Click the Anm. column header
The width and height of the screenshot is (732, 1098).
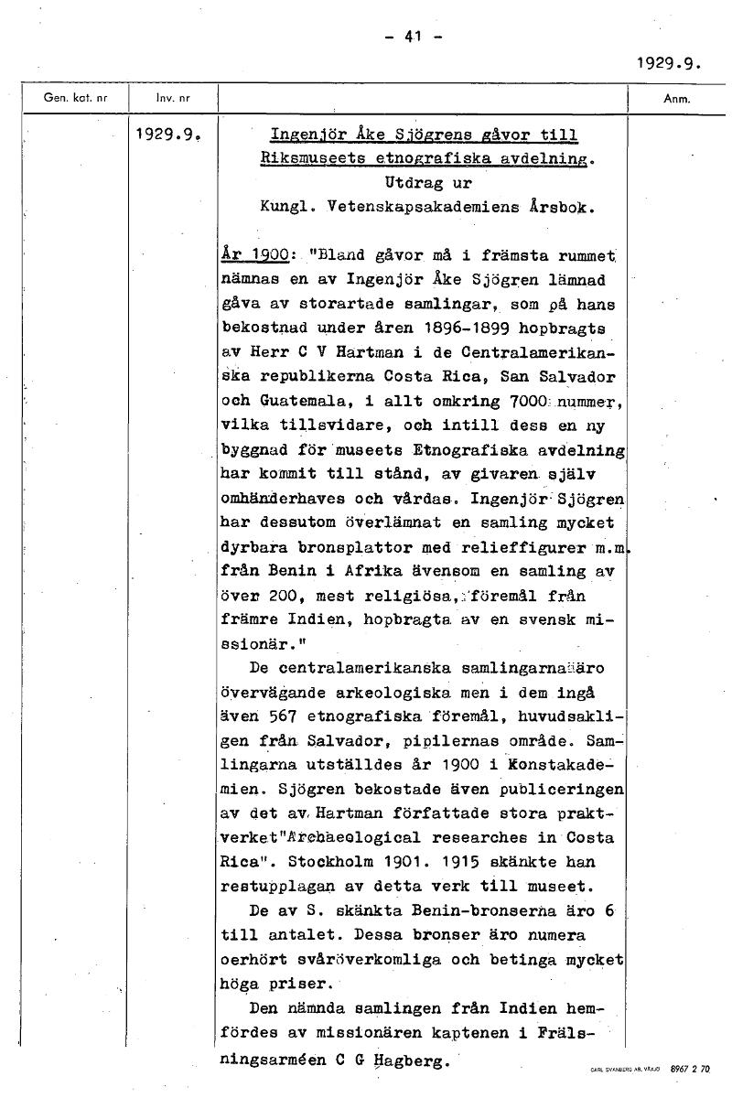point(678,98)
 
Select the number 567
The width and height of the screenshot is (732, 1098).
point(271,716)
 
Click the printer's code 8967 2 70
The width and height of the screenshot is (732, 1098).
point(689,1068)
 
